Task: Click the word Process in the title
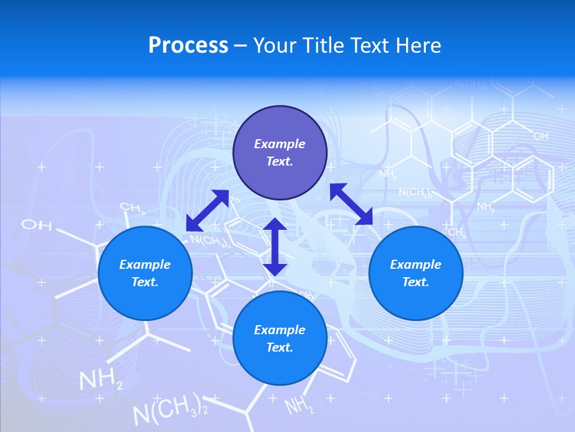[x=188, y=46]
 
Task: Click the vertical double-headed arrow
[x=275, y=247]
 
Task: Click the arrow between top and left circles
[x=207, y=210]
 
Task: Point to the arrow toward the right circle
[x=352, y=204]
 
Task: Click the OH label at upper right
[x=540, y=137]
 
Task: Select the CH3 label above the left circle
[x=132, y=208]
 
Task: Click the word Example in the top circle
[x=280, y=144]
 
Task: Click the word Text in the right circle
[x=415, y=282]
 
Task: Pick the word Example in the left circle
[x=145, y=265]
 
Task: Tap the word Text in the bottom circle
[x=279, y=347]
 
